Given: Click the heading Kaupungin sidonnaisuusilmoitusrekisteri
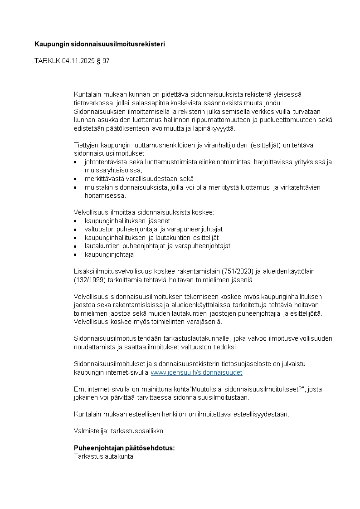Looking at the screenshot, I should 100,44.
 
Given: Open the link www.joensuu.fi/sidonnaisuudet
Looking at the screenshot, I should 196,372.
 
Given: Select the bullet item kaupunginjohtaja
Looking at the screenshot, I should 109,254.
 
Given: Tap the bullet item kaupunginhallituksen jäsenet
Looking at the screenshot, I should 127,221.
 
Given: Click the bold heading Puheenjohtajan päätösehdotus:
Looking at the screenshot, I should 124,448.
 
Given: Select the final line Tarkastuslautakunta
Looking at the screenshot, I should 103,456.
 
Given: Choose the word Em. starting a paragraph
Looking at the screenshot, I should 79,389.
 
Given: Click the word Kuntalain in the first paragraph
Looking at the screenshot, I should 89,94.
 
